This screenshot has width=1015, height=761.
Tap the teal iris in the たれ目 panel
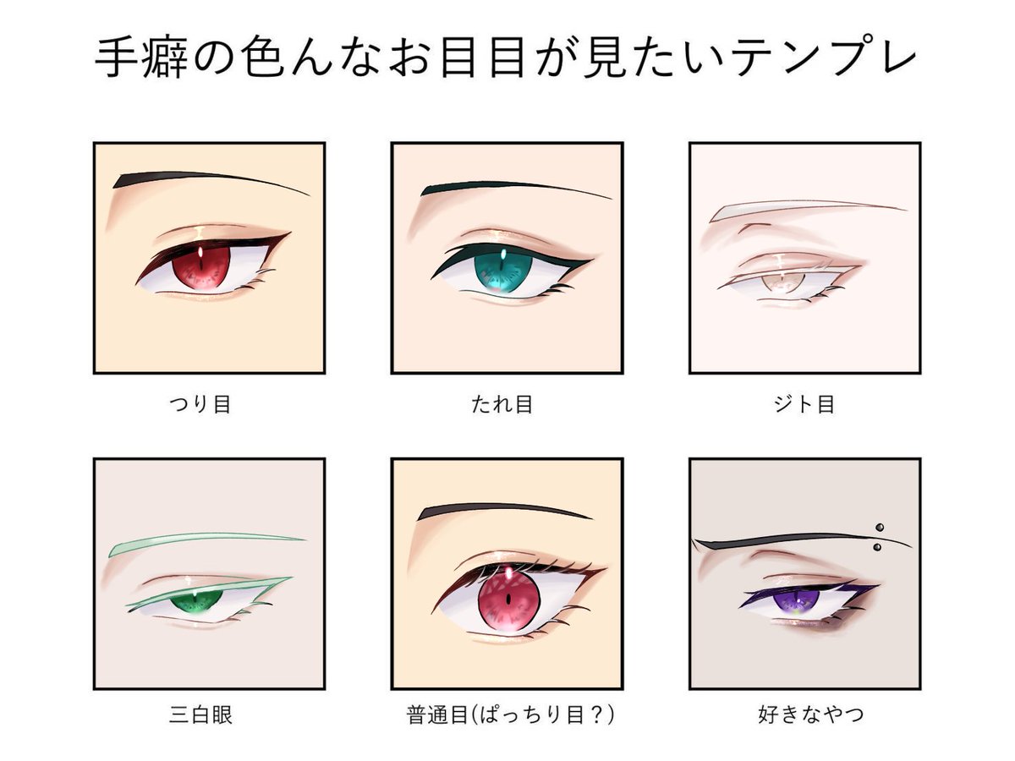pyautogui.click(x=502, y=273)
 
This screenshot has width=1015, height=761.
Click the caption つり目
pyautogui.click(x=200, y=404)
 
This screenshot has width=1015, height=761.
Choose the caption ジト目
pyautogui.click(x=804, y=404)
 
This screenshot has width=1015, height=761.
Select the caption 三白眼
pyautogui.click(x=200, y=715)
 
